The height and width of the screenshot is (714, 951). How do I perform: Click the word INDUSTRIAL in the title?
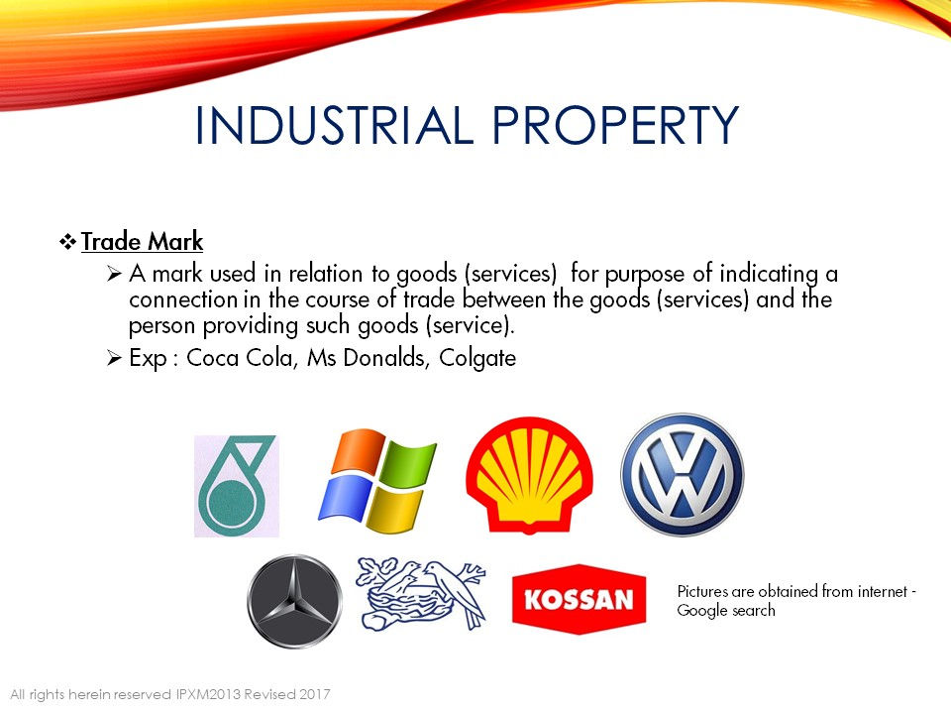(x=334, y=125)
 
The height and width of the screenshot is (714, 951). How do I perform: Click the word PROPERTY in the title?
(x=615, y=125)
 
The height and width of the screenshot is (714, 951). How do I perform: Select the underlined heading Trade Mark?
(x=142, y=242)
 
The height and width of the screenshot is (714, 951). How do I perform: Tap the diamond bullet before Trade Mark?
(x=67, y=242)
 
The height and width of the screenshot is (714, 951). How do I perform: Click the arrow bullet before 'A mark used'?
(x=114, y=274)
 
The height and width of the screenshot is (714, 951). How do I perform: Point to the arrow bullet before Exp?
(x=114, y=358)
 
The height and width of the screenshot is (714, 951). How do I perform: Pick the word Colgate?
(x=477, y=358)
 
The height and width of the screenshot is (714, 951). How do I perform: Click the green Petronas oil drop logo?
(x=237, y=486)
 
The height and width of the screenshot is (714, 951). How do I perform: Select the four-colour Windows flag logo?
(x=377, y=481)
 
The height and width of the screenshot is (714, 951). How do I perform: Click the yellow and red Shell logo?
(x=529, y=475)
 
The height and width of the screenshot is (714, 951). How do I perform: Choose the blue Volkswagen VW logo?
(x=683, y=475)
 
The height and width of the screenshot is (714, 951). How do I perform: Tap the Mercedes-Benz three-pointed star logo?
(x=295, y=601)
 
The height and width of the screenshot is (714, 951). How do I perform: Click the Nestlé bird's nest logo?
(x=422, y=594)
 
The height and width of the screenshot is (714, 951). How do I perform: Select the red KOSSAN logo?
(x=580, y=599)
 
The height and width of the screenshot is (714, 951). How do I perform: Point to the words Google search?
(x=726, y=611)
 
